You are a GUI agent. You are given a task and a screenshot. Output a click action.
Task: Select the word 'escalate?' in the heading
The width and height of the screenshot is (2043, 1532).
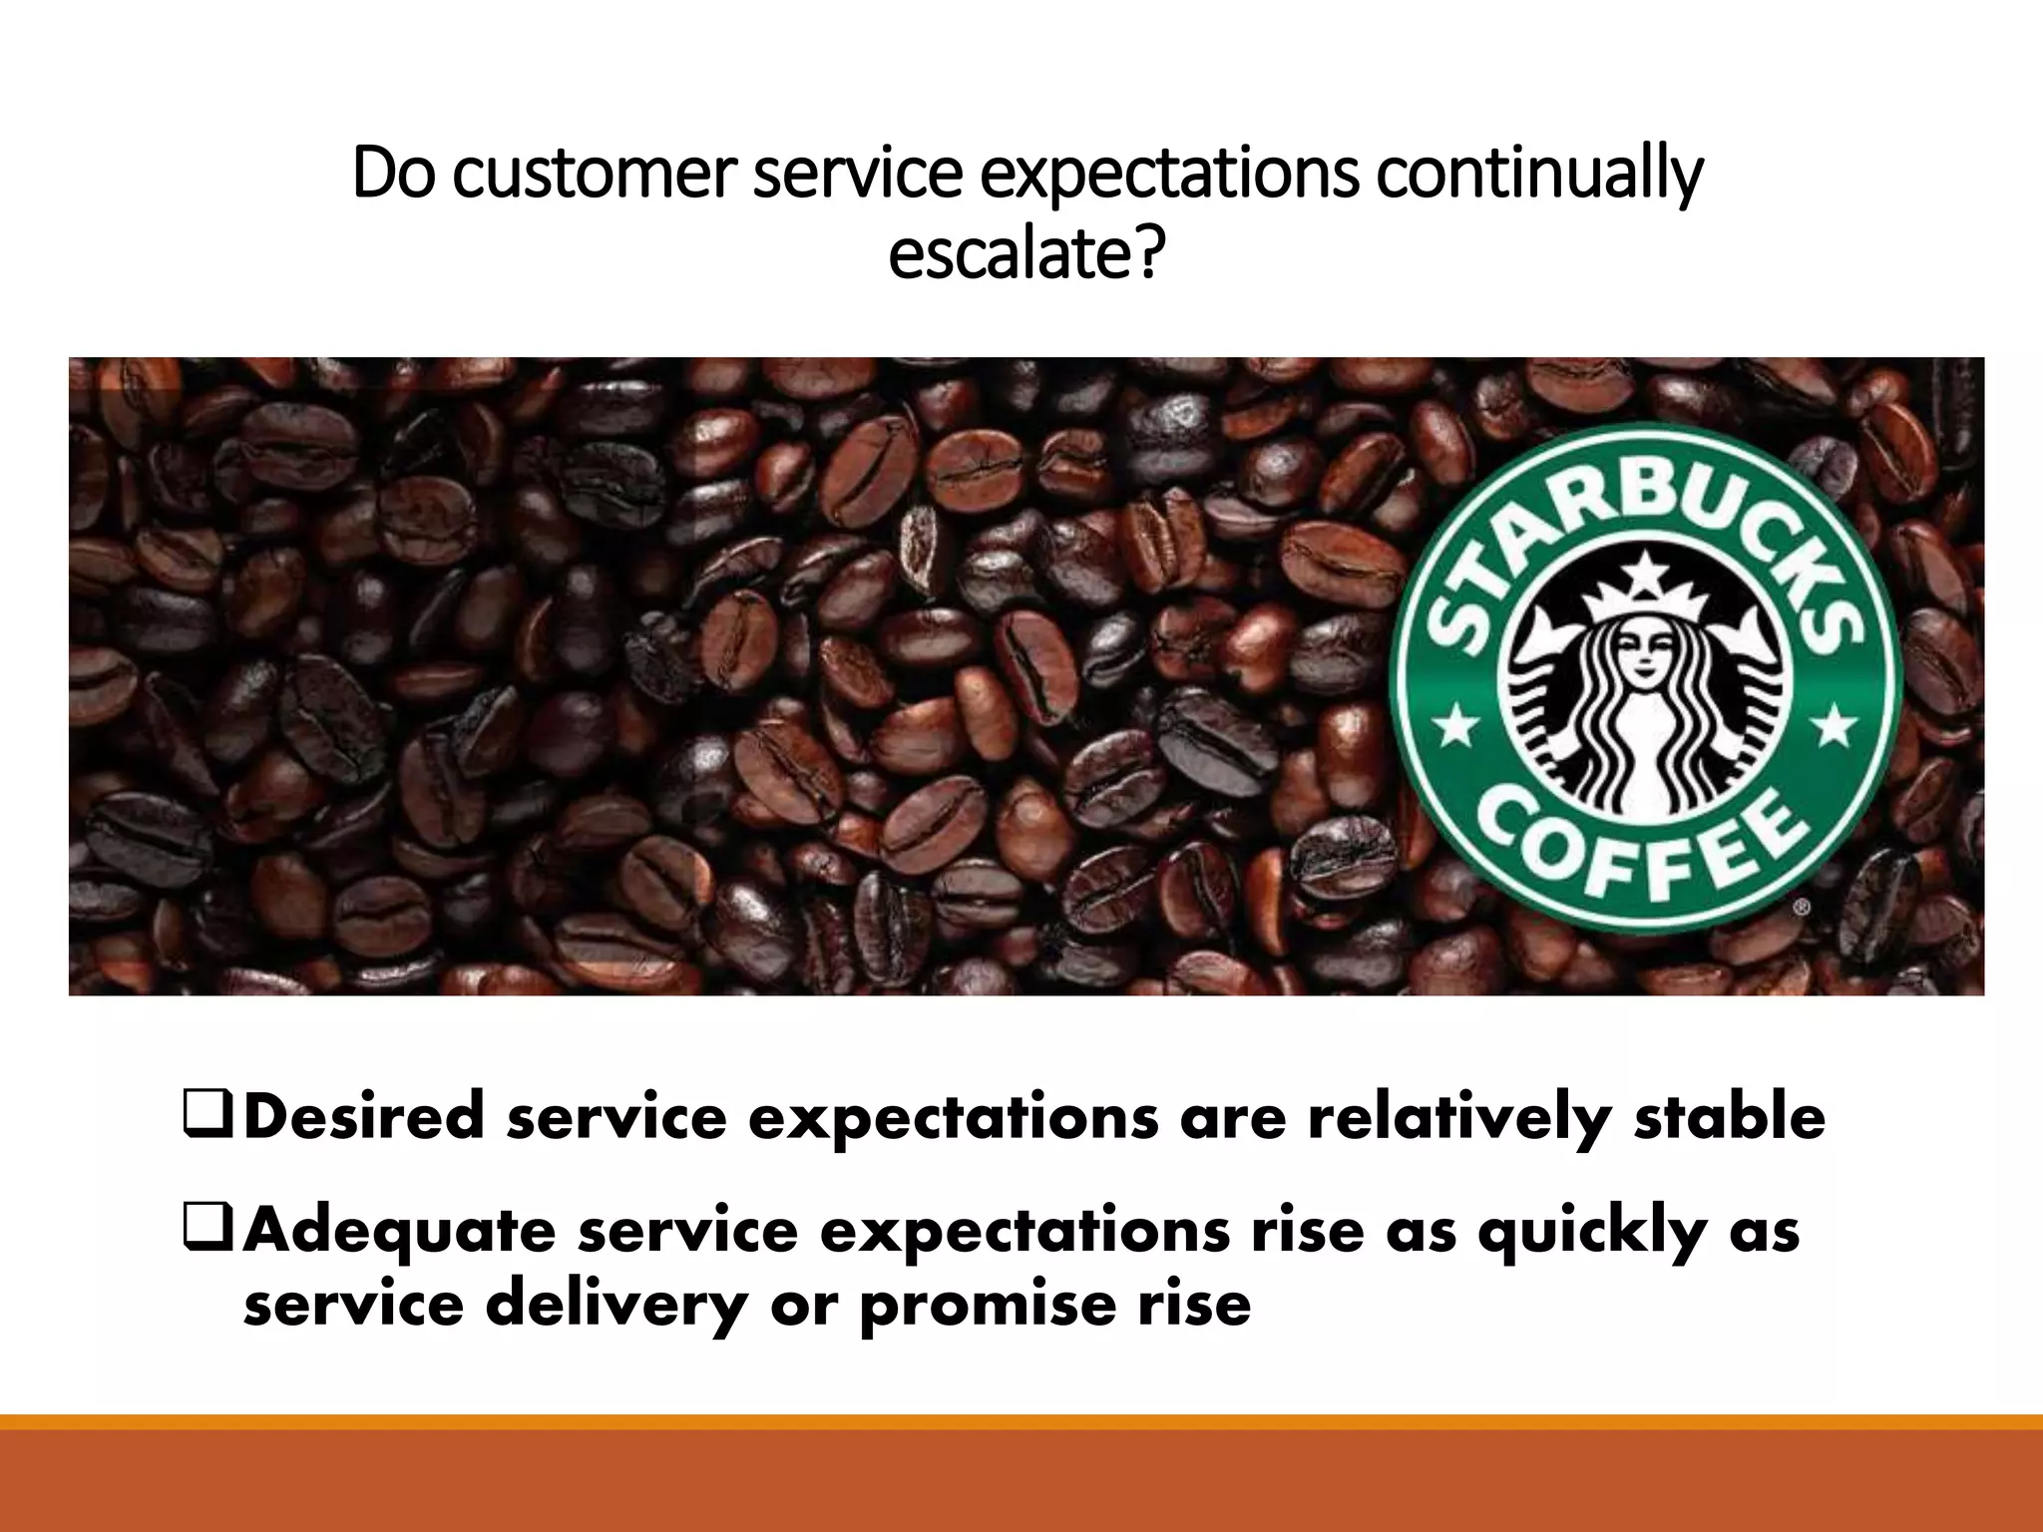coord(1025,253)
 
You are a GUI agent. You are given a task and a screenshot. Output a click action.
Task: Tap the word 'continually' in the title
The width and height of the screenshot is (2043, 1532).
coord(1538,175)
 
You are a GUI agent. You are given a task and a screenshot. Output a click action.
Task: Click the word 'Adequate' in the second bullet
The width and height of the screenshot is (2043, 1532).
coord(399,1232)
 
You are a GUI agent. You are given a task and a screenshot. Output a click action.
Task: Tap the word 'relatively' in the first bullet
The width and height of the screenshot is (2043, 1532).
coord(1459,1118)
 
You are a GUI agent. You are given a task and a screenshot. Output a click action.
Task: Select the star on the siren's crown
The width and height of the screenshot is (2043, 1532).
coord(1643,570)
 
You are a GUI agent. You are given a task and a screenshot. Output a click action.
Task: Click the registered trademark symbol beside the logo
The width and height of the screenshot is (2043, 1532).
coord(1802,908)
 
